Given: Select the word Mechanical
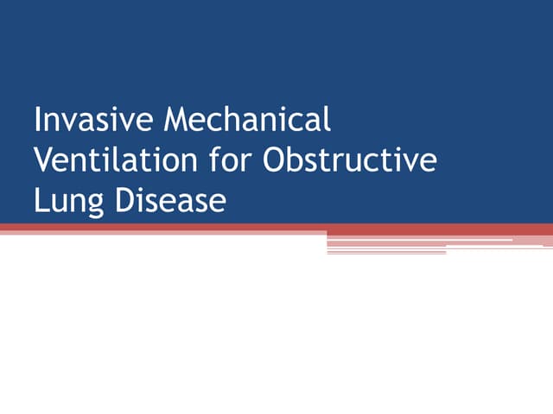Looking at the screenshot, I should pos(251,119).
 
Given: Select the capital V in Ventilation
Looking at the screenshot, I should pos(43,160).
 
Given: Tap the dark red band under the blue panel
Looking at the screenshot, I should pos(173,228).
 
